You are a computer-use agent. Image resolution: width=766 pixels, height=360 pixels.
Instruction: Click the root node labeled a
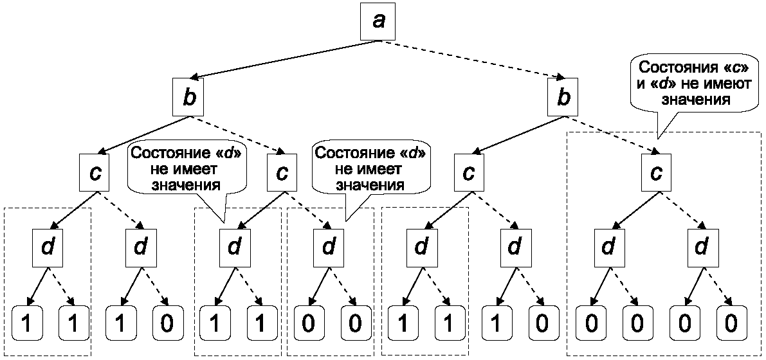pos(378,22)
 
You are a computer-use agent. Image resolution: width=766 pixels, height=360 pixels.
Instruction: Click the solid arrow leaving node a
pos(284,60)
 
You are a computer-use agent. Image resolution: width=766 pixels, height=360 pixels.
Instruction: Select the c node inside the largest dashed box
pos(657,172)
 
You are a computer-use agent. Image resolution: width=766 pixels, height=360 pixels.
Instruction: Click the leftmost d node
pos(47,248)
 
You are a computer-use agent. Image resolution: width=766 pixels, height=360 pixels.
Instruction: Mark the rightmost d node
pos(702,248)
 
